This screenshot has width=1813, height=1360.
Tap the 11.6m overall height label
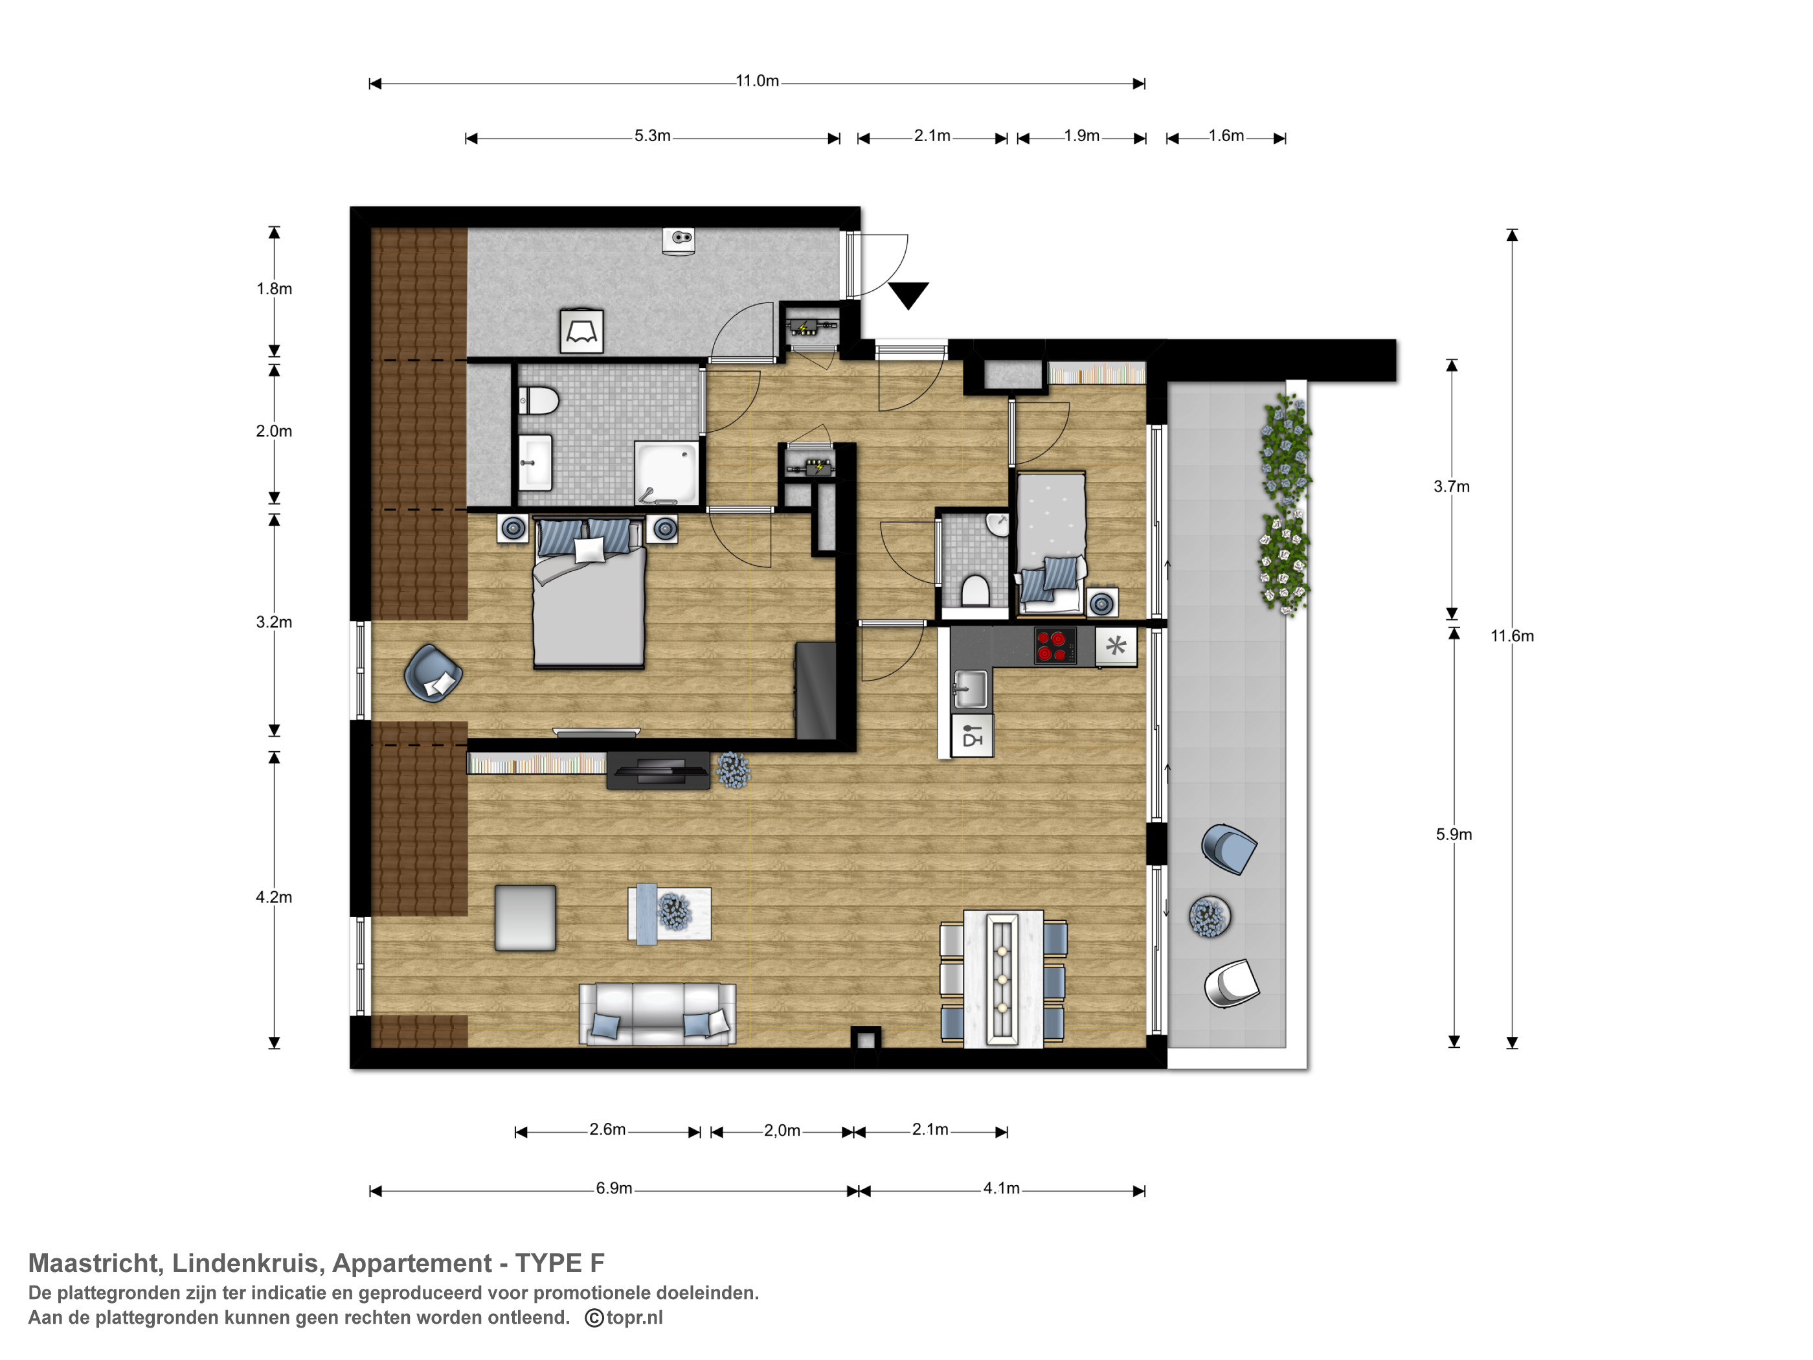(x=1511, y=636)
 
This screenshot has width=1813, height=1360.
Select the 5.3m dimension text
(x=653, y=136)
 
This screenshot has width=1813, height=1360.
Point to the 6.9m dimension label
(x=614, y=1188)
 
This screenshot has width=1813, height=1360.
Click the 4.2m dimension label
(x=274, y=898)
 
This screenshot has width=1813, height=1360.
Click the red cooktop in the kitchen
(x=1055, y=645)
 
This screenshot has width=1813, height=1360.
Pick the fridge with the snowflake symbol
(x=1116, y=646)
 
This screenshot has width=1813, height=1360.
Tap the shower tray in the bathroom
(x=667, y=473)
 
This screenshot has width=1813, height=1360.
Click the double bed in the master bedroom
(x=589, y=592)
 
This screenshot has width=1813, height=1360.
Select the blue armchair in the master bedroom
(x=433, y=673)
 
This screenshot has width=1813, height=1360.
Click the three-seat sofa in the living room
(x=657, y=1014)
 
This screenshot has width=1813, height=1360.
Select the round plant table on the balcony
(x=1209, y=916)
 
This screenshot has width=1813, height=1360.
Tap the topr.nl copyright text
(x=624, y=1317)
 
